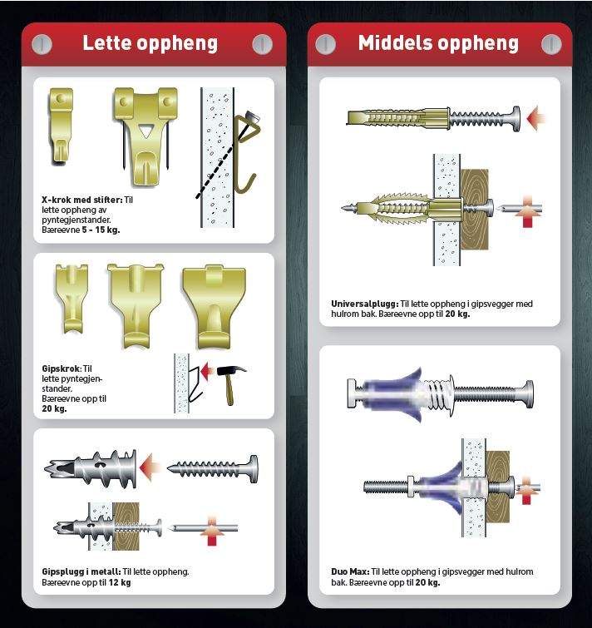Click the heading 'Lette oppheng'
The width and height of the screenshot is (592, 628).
click(x=150, y=43)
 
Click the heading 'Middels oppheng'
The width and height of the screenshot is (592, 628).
click(x=438, y=43)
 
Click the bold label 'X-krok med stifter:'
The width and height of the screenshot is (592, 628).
click(x=82, y=200)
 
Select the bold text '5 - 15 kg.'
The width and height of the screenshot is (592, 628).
click(x=101, y=230)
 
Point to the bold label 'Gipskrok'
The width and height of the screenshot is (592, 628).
click(x=62, y=368)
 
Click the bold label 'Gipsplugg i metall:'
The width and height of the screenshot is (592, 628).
click(x=81, y=572)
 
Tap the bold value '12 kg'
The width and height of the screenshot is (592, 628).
click(x=120, y=582)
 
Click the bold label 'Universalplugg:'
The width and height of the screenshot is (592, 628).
click(x=365, y=304)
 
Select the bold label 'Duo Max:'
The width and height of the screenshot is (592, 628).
click(x=350, y=572)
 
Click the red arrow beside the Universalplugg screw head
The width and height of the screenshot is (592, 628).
click(x=535, y=119)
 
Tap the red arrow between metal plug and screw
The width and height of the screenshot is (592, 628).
click(x=150, y=467)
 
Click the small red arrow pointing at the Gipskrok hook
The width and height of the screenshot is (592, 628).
click(x=207, y=372)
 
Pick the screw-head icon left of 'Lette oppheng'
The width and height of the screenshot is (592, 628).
click(x=42, y=44)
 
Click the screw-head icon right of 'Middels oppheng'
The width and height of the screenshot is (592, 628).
click(x=551, y=44)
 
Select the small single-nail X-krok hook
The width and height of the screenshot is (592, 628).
click(x=61, y=126)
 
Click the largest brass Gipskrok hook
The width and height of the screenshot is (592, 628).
click(x=214, y=306)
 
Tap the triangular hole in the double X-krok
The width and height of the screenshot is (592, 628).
click(x=146, y=131)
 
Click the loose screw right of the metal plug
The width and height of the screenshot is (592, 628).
click(x=213, y=469)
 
